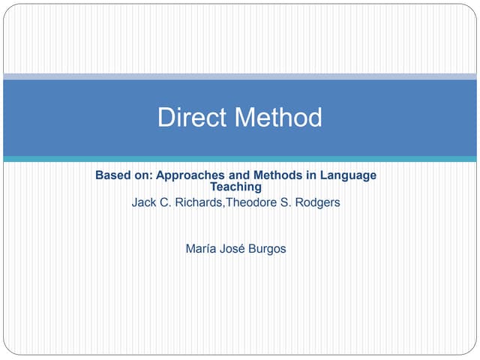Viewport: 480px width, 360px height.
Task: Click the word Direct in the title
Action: (x=192, y=118)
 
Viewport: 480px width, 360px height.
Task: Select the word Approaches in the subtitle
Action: (x=190, y=175)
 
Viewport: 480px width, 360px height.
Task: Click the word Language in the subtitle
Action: (x=349, y=175)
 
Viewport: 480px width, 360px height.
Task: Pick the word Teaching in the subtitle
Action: (x=235, y=187)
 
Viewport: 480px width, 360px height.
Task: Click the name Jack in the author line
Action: (x=144, y=202)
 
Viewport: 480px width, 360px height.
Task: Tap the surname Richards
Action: (x=193, y=202)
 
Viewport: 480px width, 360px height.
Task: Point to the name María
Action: (x=201, y=248)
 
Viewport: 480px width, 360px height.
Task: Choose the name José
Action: (x=236, y=248)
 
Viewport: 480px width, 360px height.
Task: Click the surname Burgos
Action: (x=268, y=248)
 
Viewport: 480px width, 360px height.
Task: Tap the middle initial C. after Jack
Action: (x=164, y=202)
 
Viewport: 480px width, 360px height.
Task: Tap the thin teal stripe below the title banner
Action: (x=240, y=159)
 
